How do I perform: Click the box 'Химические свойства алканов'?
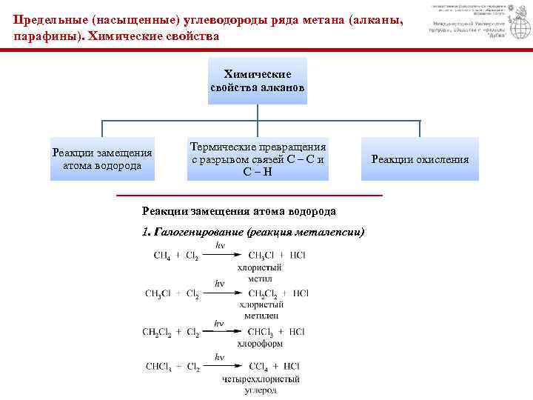pyautogui.click(x=257, y=81)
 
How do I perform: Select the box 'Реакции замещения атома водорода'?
pyautogui.click(x=102, y=159)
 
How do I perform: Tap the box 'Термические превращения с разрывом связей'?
pyautogui.click(x=258, y=159)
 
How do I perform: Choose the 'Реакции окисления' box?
pyautogui.click(x=420, y=159)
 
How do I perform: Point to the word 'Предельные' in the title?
pyautogui.click(x=46, y=21)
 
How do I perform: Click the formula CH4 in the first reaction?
pyautogui.click(x=161, y=256)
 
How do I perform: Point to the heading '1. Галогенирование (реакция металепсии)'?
pyautogui.click(x=252, y=232)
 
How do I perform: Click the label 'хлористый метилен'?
pyautogui.click(x=261, y=310)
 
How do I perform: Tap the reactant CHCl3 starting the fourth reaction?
pyautogui.click(x=160, y=366)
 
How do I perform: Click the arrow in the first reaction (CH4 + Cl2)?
pyautogui.click(x=221, y=256)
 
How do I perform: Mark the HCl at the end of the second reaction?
pyautogui.click(x=301, y=293)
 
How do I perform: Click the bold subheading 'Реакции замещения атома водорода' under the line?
pyautogui.click(x=238, y=211)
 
